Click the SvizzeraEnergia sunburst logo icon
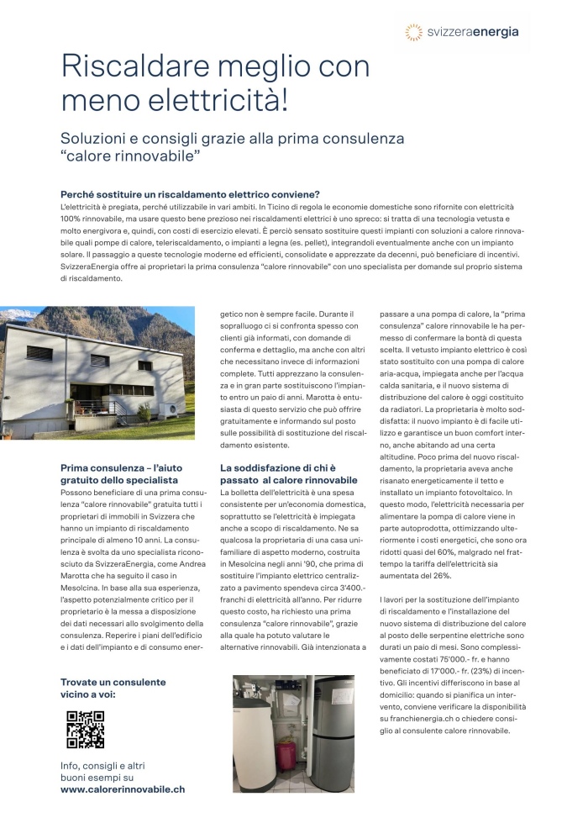(413, 32)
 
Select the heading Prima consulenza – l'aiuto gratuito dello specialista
(120, 473)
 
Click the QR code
(85, 728)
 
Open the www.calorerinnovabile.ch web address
(123, 789)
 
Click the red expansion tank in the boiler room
(287, 754)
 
